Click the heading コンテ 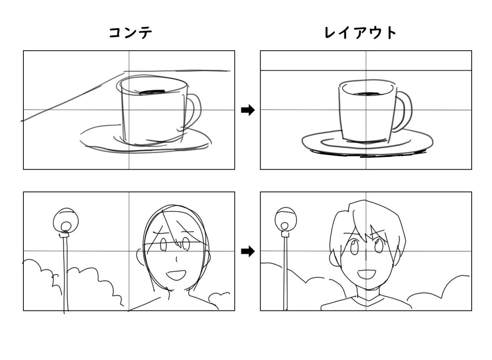click(x=131, y=33)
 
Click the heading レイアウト click(x=360, y=33)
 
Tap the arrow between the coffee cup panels click(x=248, y=110)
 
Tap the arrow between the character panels click(x=248, y=252)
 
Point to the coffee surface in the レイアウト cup click(x=367, y=93)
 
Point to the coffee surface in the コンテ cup click(x=152, y=92)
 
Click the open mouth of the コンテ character click(x=176, y=275)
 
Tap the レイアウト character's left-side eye click(x=354, y=247)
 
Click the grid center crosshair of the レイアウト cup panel click(x=366, y=110)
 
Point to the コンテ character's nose click(x=176, y=259)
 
